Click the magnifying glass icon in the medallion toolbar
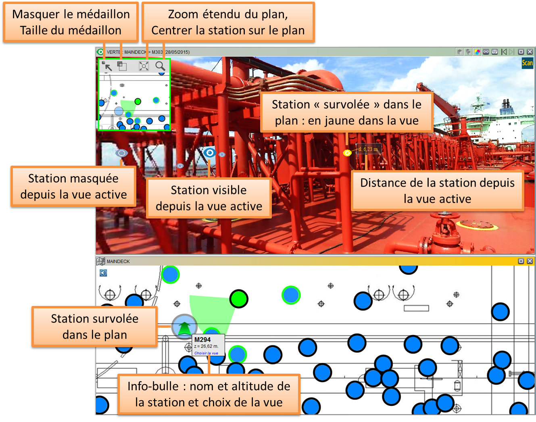(x=160, y=66)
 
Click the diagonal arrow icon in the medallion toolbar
(x=107, y=66)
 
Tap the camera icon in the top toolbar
(x=495, y=52)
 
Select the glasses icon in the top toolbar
(x=486, y=52)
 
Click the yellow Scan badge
(x=527, y=63)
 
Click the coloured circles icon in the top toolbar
(x=477, y=52)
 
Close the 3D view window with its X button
(x=530, y=52)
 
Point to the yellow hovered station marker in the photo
(x=347, y=153)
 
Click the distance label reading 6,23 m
(x=368, y=149)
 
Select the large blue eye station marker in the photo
(x=209, y=152)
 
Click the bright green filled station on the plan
(x=239, y=299)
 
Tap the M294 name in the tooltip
(x=202, y=340)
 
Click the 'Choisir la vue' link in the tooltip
(x=206, y=353)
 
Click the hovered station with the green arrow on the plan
(x=184, y=327)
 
